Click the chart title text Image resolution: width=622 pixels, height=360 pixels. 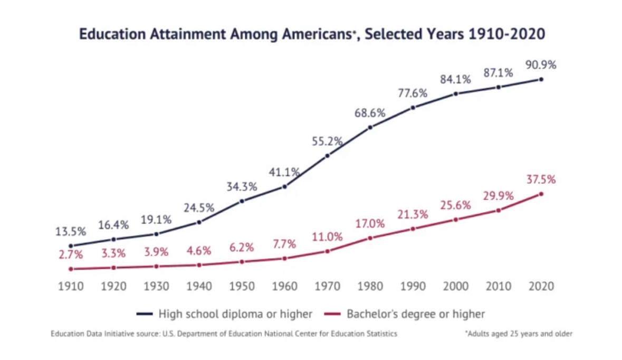point(311,34)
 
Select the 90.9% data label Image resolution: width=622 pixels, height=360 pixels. point(541,65)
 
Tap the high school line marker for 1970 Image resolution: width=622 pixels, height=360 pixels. point(328,155)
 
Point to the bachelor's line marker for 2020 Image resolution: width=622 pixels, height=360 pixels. point(541,194)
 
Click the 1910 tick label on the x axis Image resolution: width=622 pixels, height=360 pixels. point(71,287)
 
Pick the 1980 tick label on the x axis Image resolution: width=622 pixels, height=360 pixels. point(370,287)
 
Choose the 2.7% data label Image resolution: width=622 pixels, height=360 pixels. point(71,254)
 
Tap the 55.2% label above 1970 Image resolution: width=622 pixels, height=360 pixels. point(327,141)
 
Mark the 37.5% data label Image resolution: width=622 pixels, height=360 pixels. point(541,179)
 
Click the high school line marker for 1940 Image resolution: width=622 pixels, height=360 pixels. point(199,222)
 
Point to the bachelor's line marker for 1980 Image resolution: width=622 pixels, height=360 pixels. point(370,238)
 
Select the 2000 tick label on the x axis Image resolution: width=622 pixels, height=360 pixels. point(456,287)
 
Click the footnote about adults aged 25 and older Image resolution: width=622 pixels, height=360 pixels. point(519,334)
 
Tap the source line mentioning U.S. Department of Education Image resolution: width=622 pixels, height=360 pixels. point(224,334)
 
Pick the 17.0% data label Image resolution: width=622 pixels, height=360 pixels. point(370,224)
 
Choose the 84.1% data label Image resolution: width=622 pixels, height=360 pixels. point(456,80)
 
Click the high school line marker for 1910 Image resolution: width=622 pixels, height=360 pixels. point(71,245)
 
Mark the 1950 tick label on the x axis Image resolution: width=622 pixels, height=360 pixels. point(242,287)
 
